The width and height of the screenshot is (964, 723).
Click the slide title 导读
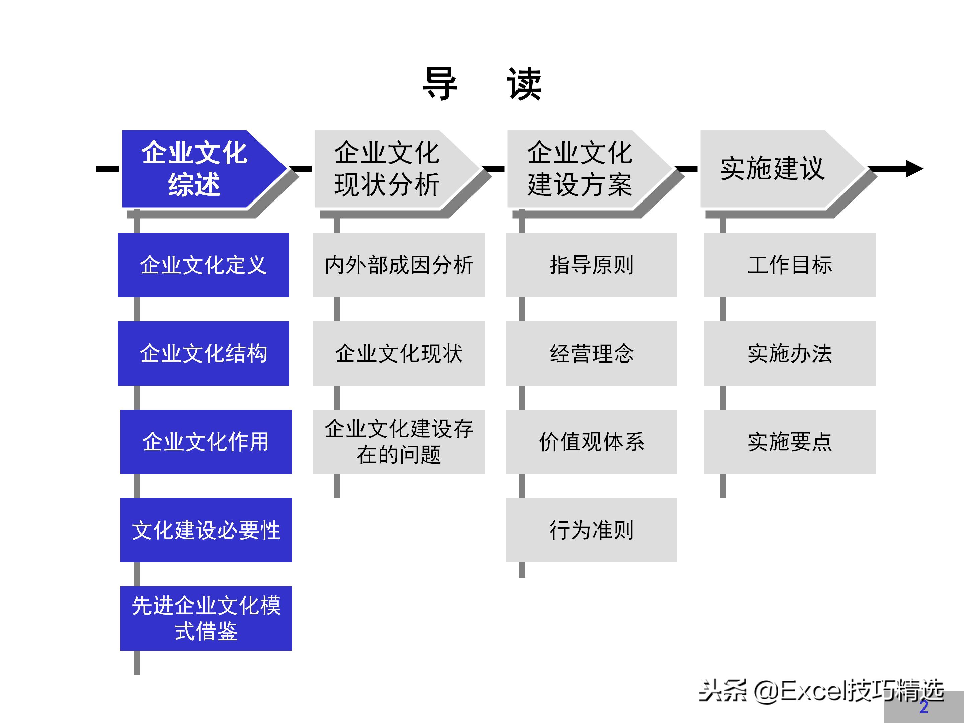[482, 84]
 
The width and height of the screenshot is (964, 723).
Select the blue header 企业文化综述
[194, 169]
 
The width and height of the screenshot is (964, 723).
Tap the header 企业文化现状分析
[387, 169]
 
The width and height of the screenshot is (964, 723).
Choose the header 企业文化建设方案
[580, 169]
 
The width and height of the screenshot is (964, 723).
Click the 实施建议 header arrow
[772, 169]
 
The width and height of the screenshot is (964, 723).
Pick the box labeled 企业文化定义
[203, 265]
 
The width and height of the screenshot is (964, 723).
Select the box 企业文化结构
[203, 353]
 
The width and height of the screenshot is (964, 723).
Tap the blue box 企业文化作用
[206, 441]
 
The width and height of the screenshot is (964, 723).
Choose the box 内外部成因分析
[399, 265]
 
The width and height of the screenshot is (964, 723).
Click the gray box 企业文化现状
[399, 353]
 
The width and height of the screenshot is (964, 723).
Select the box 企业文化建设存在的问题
[399, 441]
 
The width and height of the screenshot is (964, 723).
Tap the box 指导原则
[591, 265]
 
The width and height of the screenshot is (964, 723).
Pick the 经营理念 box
[591, 353]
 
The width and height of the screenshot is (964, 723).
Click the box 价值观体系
[591, 441]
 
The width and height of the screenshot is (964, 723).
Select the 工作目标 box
[790, 265]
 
